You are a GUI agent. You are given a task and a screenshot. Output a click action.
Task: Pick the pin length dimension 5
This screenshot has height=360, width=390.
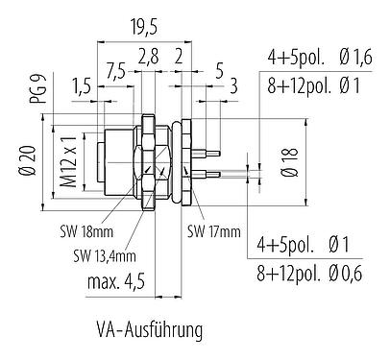click(220, 70)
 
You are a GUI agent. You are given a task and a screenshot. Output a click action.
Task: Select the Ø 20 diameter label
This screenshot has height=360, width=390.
click(28, 158)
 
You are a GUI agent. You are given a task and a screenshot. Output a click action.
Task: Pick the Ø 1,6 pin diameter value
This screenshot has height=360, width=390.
click(354, 57)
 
